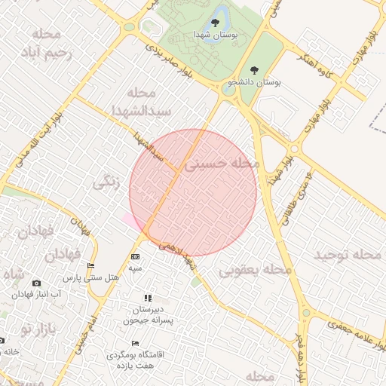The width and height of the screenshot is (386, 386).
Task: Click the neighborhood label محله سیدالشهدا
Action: click(140, 102)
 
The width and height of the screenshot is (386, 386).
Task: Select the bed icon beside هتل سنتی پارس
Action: click(91, 266)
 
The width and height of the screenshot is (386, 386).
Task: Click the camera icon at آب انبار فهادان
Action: click(37, 283)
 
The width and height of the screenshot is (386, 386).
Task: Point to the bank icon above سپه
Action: click(135, 257)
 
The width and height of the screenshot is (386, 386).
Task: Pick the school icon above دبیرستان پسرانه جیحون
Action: click(148, 299)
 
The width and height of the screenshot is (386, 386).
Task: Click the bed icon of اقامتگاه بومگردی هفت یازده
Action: click(135, 344)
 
